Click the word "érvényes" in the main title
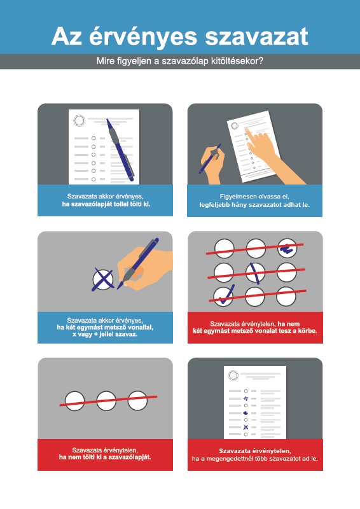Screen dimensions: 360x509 [143, 37]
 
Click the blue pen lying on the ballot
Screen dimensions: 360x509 [120, 150]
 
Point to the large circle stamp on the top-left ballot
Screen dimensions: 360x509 [79, 120]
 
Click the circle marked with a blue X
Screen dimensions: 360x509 [103, 279]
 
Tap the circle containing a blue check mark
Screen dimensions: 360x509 [223, 296]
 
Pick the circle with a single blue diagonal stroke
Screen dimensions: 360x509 [256, 272]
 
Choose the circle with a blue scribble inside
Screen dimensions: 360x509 [287, 248]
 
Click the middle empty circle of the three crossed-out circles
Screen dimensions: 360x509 [106, 401]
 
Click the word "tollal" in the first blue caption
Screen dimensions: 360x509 [118, 204]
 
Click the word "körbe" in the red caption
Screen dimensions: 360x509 [308, 331]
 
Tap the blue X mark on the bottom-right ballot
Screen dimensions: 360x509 [246, 427]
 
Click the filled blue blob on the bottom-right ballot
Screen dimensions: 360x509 [246, 413]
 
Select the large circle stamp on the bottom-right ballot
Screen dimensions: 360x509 [233, 375]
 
